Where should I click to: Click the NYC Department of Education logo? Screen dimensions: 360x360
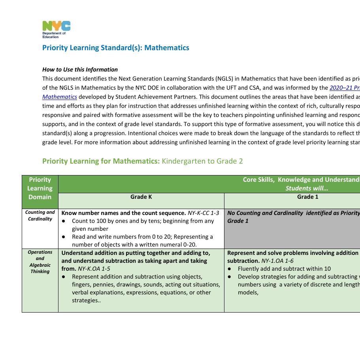point(56,30)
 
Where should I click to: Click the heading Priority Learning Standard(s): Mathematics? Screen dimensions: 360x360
point(115,48)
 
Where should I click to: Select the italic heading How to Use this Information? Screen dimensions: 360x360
point(80,70)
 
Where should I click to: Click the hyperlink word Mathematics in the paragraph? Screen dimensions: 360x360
point(60,97)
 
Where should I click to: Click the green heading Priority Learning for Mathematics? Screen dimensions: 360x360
point(101,161)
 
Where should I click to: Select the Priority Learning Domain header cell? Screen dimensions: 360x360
point(40,188)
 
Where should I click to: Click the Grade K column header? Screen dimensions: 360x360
point(141,197)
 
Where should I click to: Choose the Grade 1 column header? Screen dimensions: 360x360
point(307,197)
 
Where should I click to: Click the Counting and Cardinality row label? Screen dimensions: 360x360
point(40,216)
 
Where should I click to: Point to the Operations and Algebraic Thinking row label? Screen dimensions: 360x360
point(40,262)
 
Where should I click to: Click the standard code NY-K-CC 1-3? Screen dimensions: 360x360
point(203,213)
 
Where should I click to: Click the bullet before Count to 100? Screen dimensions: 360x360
point(64,221)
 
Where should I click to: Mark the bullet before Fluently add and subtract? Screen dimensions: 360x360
point(230,269)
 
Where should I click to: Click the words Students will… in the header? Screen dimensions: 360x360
point(307,188)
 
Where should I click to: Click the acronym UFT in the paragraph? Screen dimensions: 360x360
point(250,88)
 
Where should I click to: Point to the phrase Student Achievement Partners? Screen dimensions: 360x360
point(148,97)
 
